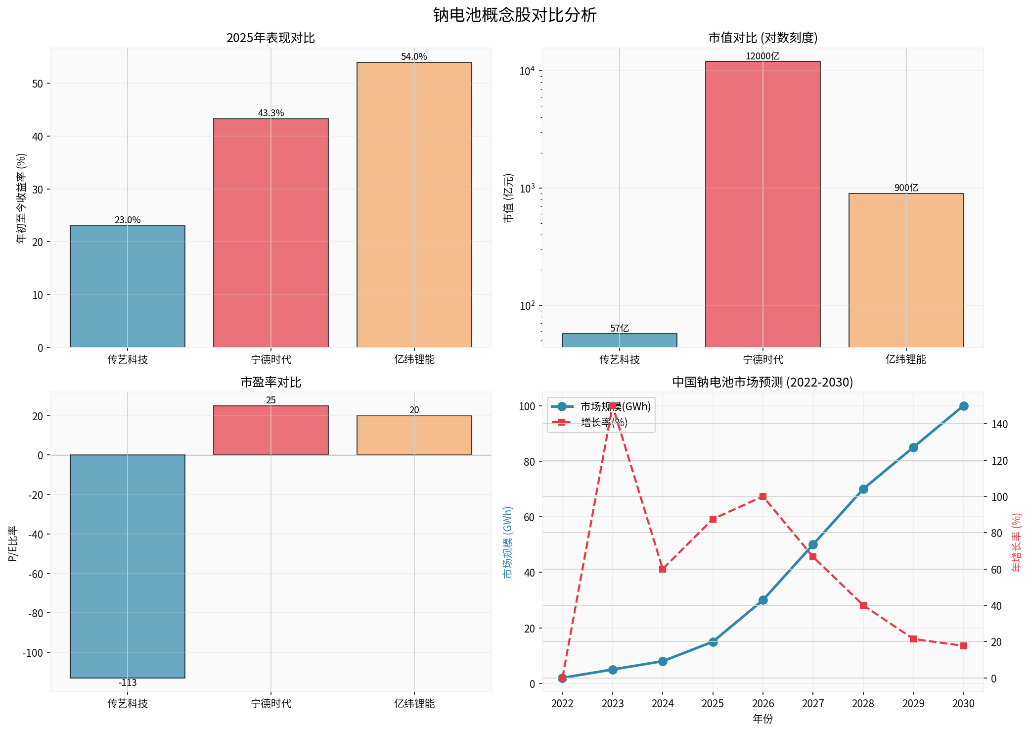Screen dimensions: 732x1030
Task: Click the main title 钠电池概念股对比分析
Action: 515,15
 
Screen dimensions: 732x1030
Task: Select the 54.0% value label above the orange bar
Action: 414,57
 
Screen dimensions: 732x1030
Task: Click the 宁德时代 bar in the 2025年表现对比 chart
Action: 271,233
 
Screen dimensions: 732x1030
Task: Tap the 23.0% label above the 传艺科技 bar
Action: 128,220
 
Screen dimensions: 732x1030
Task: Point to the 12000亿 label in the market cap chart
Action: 762,56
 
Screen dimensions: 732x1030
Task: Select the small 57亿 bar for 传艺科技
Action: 619,341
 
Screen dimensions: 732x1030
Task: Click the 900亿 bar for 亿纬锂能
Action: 906,270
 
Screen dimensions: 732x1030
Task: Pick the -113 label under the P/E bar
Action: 128,683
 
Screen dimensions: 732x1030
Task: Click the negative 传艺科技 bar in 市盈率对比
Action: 128,566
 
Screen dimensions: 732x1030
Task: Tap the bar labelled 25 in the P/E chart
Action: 271,430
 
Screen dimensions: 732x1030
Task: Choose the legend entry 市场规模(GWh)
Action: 615,407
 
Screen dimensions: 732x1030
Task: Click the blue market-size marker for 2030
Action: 963,406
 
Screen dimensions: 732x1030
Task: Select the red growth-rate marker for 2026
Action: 762,496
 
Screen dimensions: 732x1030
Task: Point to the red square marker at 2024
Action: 663,569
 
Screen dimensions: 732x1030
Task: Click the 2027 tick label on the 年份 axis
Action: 812,703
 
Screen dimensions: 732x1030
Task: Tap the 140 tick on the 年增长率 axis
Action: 999,424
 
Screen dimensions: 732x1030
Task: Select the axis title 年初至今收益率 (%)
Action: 21,198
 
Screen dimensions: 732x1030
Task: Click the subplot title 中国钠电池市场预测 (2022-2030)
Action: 762,382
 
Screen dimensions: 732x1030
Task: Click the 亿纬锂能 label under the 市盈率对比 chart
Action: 414,703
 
